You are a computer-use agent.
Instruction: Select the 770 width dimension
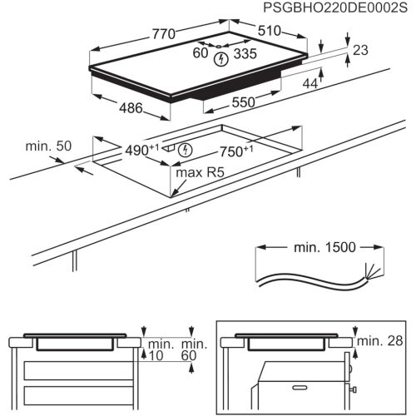(163, 35)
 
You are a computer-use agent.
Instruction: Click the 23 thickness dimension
(359, 50)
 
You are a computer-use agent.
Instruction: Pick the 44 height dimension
(310, 83)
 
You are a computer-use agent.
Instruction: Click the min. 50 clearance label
(47, 146)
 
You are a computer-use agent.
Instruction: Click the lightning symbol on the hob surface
(220, 59)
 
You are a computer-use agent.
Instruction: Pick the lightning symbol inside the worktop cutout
(186, 150)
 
